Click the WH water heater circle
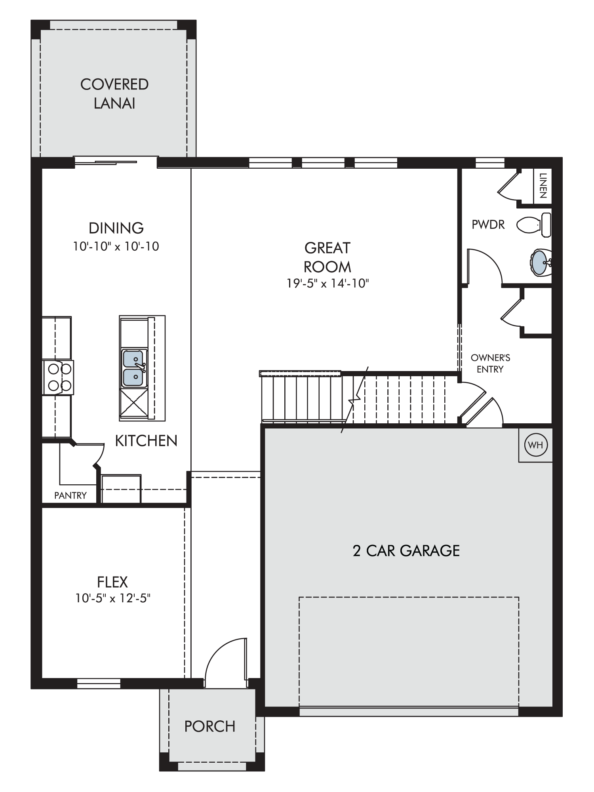535,445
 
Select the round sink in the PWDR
540,262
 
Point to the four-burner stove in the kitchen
59,377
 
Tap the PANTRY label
70,495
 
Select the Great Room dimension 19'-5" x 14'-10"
328,284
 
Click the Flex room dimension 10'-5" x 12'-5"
113,598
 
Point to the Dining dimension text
116,246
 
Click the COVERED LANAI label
114,93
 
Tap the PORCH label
210,726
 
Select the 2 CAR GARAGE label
406,550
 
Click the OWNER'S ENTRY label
490,364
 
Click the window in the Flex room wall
99,683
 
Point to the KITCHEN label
146,441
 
